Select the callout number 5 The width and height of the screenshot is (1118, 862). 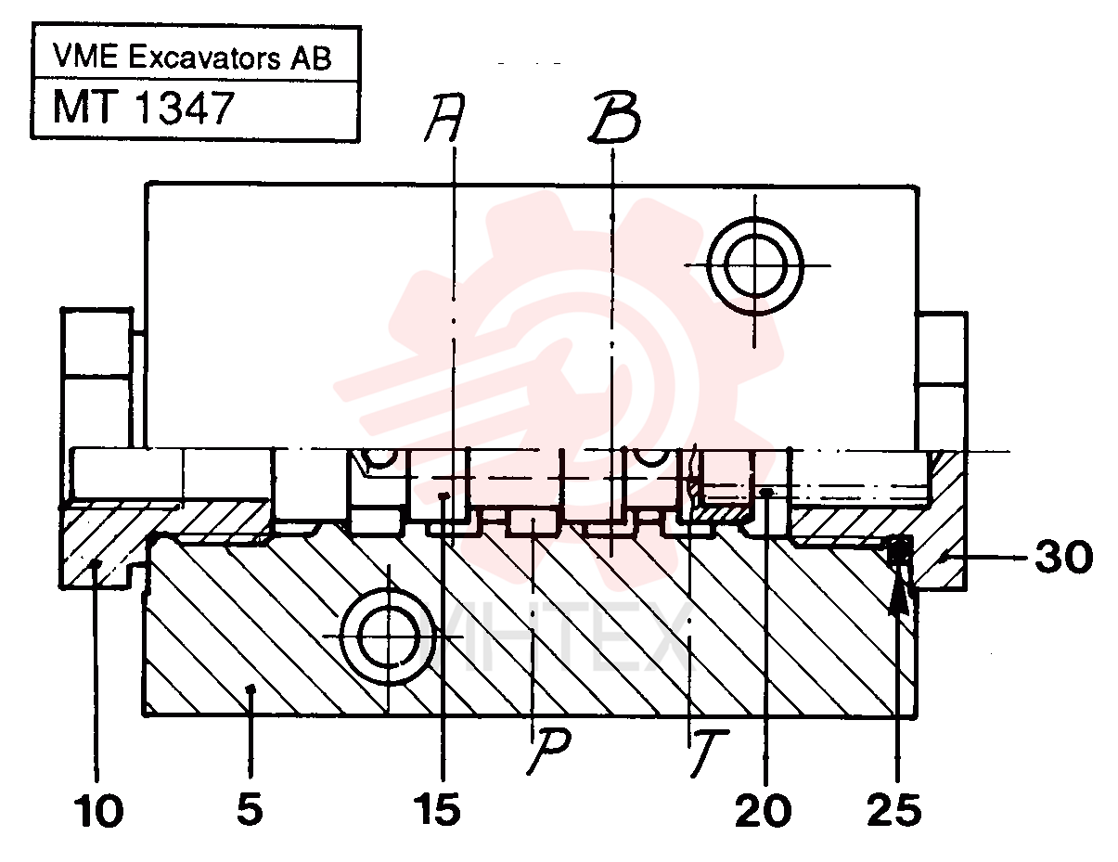coord(251,809)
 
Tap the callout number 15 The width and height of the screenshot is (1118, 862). coord(437,809)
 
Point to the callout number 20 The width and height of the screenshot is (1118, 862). coord(763,811)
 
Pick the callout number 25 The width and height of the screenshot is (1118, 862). coord(894,810)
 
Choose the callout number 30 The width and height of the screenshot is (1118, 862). coord(1064,557)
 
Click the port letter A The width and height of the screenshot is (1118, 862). coord(444,117)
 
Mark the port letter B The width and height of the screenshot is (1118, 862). coord(614,117)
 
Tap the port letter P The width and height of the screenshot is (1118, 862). coord(549,752)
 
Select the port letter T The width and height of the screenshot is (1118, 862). coord(709,753)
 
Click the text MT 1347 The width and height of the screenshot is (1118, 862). coord(144,107)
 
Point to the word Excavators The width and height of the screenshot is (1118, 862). coord(204,57)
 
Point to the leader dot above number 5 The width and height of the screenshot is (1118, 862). coord(251,688)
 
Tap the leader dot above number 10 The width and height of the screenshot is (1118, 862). coord(96,564)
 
